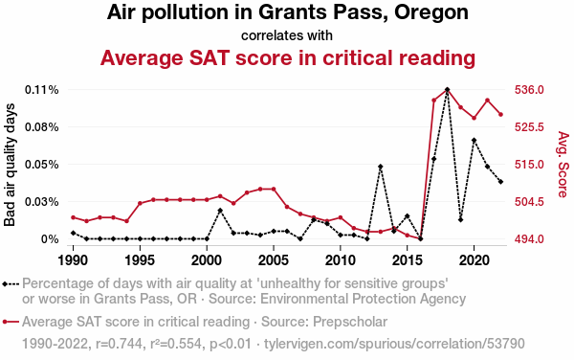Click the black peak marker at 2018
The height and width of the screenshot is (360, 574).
[448, 90]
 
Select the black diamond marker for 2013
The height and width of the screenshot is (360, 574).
[381, 167]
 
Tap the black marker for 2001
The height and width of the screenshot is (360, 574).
[220, 211]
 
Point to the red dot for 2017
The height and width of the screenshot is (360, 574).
[433, 101]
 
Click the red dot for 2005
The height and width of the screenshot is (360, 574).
[274, 189]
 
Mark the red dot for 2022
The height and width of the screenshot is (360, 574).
[500, 115]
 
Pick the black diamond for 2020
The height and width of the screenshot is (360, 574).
[475, 140]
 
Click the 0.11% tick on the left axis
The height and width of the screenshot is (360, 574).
[42, 90]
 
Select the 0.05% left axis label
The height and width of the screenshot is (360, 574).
[42, 165]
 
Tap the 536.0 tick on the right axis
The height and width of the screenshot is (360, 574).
[529, 90]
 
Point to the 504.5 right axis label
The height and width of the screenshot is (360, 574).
[529, 202]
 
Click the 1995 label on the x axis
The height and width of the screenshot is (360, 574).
[140, 260]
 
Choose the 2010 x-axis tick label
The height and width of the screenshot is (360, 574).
[341, 260]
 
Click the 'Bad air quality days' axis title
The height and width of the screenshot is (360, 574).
[10, 165]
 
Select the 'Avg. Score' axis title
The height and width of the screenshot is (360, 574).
[563, 165]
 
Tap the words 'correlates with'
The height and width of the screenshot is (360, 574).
[287, 35]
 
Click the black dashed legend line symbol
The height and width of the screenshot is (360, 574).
[11, 283]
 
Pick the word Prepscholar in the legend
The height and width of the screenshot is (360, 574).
[350, 322]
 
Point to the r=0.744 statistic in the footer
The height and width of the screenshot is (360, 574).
[119, 345]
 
